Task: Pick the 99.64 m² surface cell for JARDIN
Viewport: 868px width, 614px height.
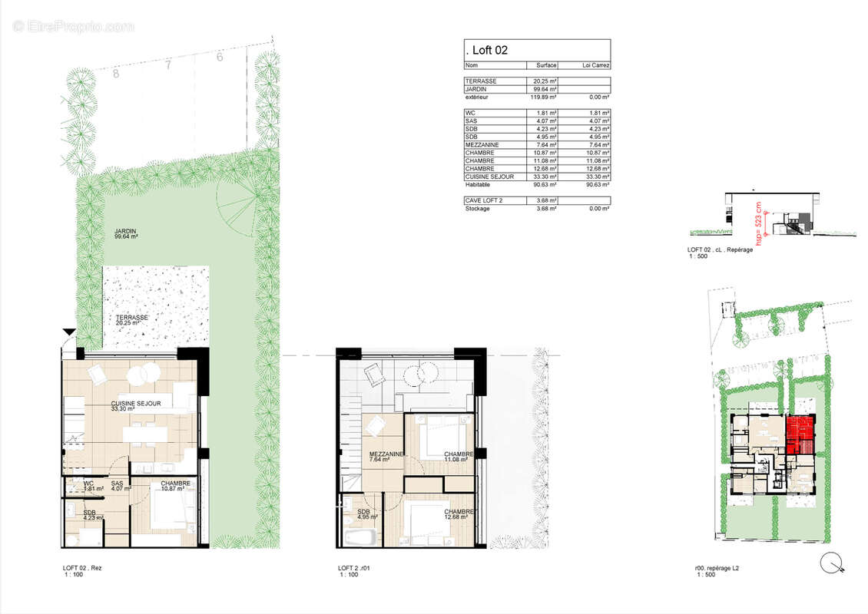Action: point(545,90)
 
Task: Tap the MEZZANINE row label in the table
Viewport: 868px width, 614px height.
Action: point(482,144)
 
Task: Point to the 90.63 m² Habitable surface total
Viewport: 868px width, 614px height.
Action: point(545,184)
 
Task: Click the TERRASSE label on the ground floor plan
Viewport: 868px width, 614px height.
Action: point(132,318)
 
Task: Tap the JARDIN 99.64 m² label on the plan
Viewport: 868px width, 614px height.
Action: point(128,234)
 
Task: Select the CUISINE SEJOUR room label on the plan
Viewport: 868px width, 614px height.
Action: point(136,405)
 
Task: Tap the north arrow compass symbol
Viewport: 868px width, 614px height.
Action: point(831,564)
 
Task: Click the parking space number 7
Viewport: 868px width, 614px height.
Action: point(167,66)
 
